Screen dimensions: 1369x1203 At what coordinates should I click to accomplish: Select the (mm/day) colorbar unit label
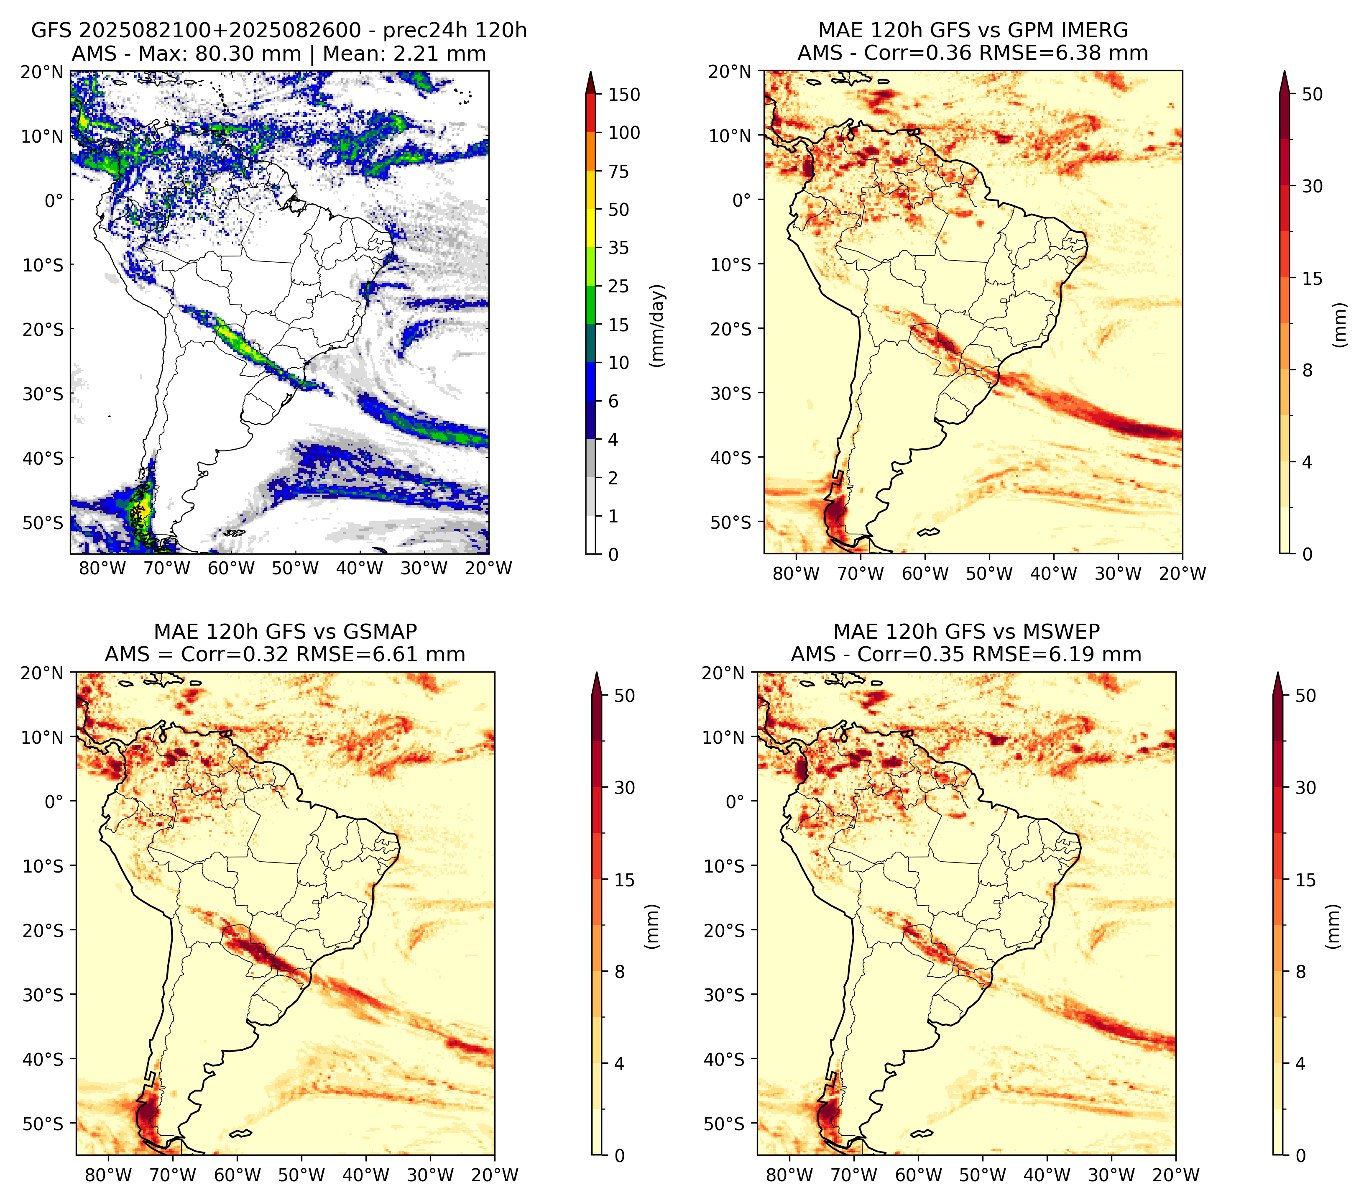tap(658, 325)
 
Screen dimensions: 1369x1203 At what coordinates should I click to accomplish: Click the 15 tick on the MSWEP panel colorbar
tap(1305, 880)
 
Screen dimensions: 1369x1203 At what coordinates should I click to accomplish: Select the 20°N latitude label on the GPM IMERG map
tap(730, 71)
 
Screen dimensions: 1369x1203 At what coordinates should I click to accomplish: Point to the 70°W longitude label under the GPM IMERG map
tap(861, 574)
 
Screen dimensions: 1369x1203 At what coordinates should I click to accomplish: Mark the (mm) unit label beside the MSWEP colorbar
tap(1334, 927)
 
